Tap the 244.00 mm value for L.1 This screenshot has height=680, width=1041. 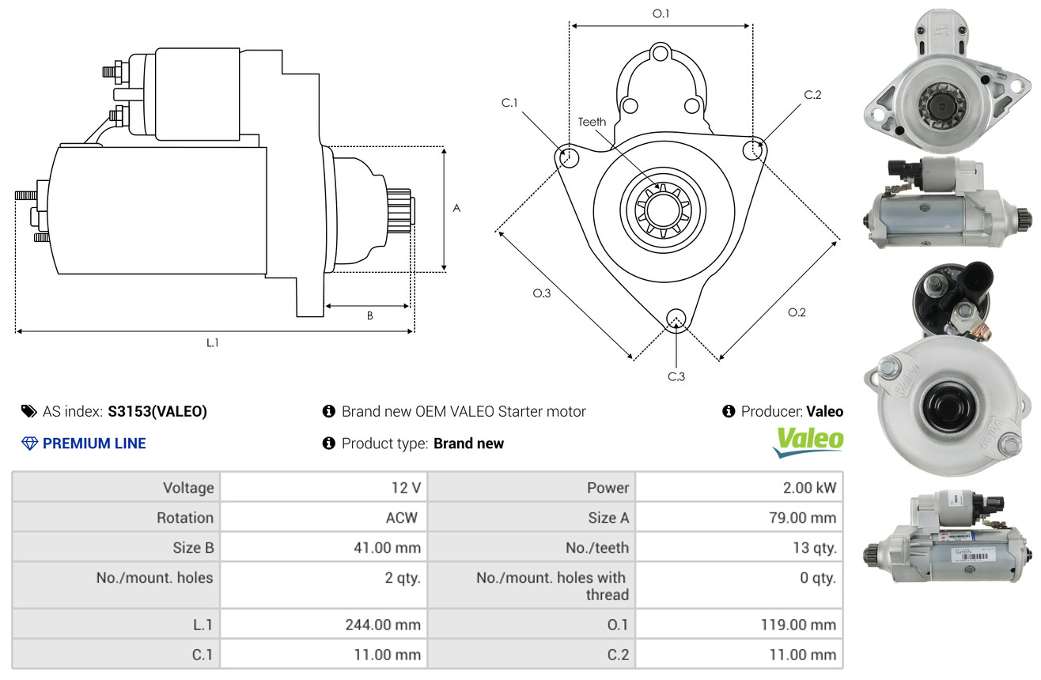383,625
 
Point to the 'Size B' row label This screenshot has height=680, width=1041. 193,547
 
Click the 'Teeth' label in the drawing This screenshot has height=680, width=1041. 592,122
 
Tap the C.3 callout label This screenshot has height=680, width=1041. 676,376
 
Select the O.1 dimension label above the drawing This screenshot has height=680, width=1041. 661,13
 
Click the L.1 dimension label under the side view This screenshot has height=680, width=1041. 212,342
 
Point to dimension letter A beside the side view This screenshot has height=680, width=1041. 456,208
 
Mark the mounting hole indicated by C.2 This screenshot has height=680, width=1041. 755,149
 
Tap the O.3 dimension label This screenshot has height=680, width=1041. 541,293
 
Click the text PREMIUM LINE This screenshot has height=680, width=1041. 94,444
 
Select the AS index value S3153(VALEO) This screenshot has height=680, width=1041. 157,411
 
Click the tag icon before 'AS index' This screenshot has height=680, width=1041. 28,411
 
